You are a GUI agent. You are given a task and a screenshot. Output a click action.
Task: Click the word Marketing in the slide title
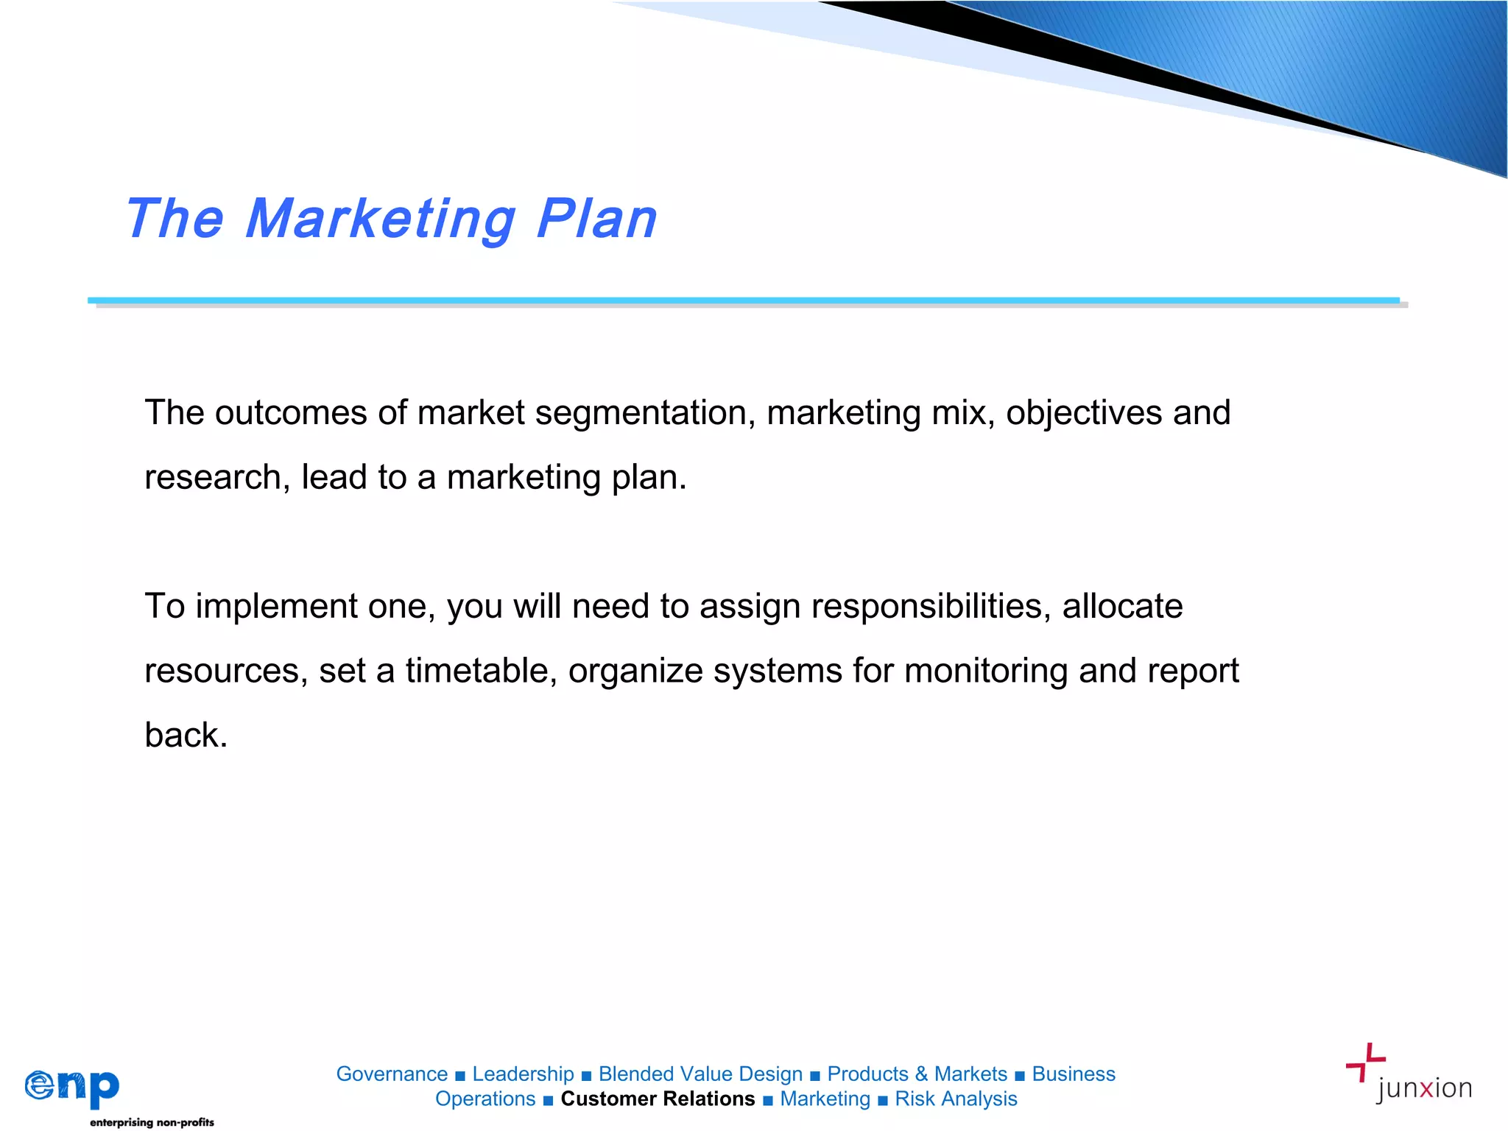pos(380,219)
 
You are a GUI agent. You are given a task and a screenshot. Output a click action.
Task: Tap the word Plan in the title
pos(596,219)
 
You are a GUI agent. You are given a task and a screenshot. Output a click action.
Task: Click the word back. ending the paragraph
pos(186,735)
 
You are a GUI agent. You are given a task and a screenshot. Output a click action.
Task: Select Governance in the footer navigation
pos(392,1074)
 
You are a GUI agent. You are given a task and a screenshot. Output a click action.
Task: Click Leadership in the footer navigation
pos(523,1074)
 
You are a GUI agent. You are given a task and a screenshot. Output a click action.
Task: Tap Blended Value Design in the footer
pos(700,1074)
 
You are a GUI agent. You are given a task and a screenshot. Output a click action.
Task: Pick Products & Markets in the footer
pos(917,1074)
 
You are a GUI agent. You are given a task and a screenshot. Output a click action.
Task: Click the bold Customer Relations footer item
pos(658,1099)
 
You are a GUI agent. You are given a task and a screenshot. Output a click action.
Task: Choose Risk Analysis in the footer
pos(956,1099)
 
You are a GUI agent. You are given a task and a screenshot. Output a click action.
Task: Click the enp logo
pos(72,1086)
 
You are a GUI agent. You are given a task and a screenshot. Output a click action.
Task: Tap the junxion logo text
pos(1424,1088)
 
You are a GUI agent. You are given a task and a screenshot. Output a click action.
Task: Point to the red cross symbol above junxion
pos(1366,1061)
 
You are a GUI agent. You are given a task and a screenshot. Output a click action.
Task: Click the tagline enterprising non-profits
pos(152,1122)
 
